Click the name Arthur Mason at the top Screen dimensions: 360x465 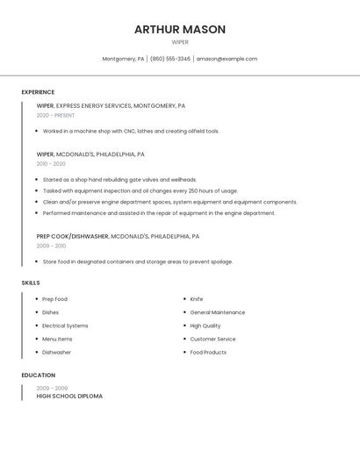(180, 29)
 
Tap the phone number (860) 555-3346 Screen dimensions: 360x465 (169, 59)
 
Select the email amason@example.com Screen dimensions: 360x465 (227, 59)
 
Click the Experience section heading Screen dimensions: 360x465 (38, 92)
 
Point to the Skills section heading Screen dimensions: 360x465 (31, 283)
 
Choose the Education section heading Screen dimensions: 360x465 (39, 376)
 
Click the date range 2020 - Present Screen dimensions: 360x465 (55, 115)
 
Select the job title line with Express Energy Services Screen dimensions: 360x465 (111, 105)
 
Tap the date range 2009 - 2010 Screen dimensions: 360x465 (51, 246)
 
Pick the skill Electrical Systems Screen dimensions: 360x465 (65, 325)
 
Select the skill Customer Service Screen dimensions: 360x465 (212, 339)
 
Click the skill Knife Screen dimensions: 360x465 (197, 299)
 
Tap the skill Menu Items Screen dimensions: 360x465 (57, 339)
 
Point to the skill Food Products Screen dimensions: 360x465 (208, 352)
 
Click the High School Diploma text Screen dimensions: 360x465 (69, 397)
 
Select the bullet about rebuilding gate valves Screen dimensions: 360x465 (119, 179)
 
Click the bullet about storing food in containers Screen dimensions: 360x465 (138, 261)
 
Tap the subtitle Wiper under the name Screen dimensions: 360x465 (180, 42)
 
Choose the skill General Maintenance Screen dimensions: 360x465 (218, 312)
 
